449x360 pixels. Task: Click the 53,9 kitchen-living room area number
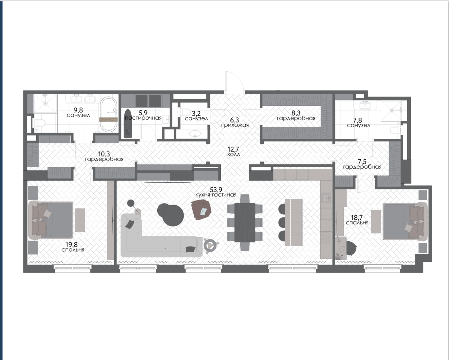click(216, 190)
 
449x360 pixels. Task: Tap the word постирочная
click(143, 118)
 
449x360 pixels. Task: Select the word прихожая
click(235, 125)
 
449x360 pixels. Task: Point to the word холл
click(233, 154)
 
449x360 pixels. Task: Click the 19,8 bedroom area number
click(71, 245)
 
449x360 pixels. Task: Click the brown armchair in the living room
click(201, 209)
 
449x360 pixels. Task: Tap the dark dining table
click(245, 223)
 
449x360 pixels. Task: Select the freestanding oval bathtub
click(109, 115)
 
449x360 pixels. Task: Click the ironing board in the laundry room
click(128, 124)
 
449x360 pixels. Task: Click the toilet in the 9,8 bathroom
click(39, 124)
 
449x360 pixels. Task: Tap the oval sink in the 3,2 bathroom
click(196, 133)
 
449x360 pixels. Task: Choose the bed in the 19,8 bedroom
click(51, 220)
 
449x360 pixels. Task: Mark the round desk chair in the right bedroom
click(351, 248)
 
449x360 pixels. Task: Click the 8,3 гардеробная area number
click(296, 113)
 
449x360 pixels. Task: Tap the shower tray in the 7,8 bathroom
click(394, 110)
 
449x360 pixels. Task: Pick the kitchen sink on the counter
click(326, 197)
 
